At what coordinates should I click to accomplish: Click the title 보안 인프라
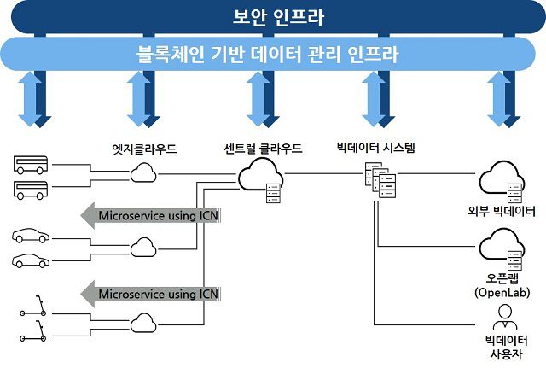[x=272, y=16]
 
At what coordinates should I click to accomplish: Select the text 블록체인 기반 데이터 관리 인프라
[x=272, y=55]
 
